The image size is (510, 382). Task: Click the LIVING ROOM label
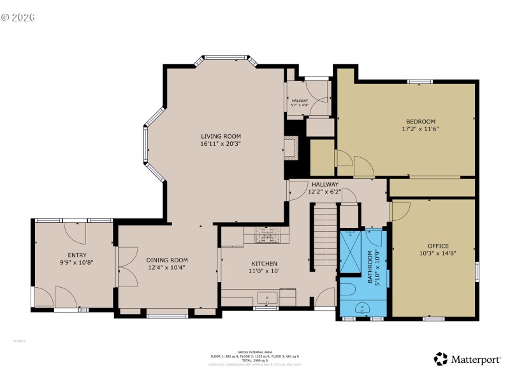point(221,136)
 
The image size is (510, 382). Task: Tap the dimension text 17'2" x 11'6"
point(420,129)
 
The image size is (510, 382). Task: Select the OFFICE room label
point(438,246)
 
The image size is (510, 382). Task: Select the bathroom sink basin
point(363,308)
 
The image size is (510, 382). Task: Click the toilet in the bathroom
point(347,290)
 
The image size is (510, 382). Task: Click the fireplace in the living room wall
point(291,148)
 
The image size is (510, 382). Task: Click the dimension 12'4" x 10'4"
point(167,267)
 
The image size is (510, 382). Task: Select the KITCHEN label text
point(263,264)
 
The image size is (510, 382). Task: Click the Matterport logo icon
point(441,359)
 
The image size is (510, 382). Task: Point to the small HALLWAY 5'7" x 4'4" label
point(300,103)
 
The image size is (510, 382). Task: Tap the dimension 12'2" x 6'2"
point(325,192)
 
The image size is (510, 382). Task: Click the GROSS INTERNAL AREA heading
point(255,352)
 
